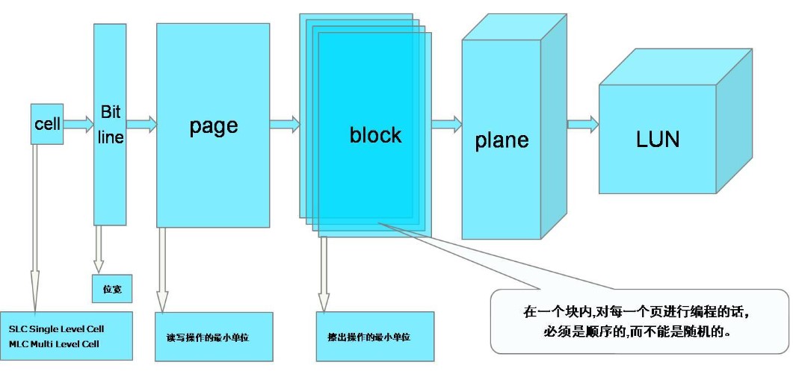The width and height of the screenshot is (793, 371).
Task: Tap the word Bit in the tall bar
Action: [111, 113]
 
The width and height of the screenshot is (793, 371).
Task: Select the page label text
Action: [213, 125]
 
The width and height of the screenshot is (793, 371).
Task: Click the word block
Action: [375, 135]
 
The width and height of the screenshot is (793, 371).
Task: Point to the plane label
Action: [502, 140]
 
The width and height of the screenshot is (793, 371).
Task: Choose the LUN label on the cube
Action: [658, 139]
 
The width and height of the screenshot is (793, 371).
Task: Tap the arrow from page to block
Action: [285, 124]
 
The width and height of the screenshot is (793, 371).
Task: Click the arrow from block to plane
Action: [447, 123]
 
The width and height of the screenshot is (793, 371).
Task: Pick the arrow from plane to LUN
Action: [583, 123]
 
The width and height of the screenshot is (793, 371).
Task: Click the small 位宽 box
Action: [112, 289]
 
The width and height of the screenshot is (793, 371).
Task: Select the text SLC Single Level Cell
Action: [57, 328]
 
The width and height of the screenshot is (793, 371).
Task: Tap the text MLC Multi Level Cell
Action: [55, 343]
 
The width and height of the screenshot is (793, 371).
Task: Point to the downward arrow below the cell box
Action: [34, 224]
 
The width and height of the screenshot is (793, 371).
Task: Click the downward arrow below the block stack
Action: [324, 272]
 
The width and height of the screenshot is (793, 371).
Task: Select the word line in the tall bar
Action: [111, 138]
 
